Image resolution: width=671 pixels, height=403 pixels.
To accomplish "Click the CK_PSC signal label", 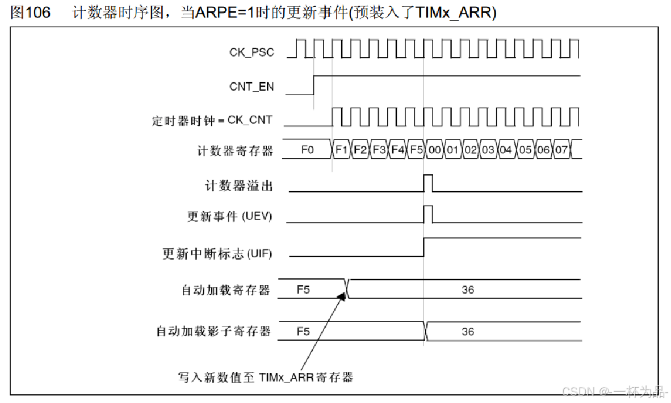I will [x=251, y=52].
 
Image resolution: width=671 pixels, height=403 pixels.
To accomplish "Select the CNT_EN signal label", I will [x=251, y=87].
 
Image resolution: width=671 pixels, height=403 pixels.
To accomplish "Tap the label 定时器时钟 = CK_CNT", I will [x=212, y=120].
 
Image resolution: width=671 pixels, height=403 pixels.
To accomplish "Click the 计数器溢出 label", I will [x=239, y=185].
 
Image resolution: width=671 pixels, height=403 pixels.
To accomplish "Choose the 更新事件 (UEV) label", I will [x=230, y=217].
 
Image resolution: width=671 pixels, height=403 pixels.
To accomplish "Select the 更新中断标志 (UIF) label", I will [x=217, y=253].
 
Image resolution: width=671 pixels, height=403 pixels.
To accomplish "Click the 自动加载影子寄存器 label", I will [x=214, y=331].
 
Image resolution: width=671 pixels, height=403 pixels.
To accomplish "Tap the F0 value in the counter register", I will [x=308, y=150].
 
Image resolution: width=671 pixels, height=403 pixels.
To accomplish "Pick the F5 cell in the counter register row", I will [x=416, y=150].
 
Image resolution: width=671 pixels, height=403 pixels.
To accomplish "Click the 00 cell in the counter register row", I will [x=435, y=150].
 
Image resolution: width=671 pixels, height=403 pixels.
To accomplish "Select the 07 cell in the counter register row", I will [x=561, y=150].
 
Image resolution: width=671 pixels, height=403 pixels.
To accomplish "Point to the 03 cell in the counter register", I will [x=488, y=150].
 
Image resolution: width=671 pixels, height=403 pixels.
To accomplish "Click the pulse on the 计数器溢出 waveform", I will [x=428, y=183].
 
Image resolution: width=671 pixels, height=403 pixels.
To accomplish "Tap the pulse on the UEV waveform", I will [x=428, y=214].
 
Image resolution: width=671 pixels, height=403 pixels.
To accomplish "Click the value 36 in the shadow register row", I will [x=468, y=332].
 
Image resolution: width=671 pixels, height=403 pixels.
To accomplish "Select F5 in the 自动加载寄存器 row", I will [x=303, y=290].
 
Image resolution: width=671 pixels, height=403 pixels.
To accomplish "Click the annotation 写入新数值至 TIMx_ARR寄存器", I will [x=266, y=377].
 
